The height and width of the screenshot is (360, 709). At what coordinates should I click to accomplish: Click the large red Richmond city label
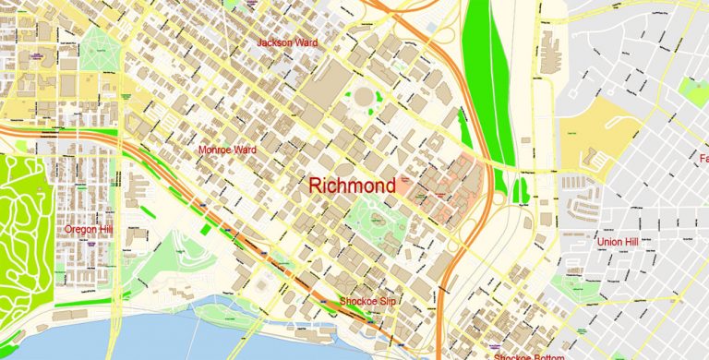click(x=353, y=186)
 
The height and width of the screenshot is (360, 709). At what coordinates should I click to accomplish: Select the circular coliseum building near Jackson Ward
click(x=361, y=95)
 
